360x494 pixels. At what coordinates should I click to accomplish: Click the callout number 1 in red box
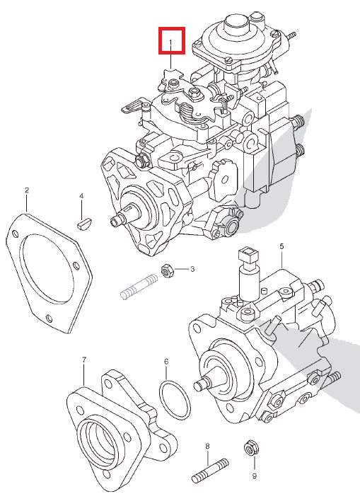[171, 41]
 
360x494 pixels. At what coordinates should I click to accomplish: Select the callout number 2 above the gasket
[26, 190]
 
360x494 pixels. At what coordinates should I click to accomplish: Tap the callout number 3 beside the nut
[192, 270]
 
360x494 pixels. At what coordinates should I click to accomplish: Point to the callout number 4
[81, 196]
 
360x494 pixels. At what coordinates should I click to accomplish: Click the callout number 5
[281, 246]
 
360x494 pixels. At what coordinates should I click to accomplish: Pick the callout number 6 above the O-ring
[166, 362]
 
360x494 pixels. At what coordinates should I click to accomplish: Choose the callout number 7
[84, 360]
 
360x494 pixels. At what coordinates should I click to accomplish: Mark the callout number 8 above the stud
[207, 446]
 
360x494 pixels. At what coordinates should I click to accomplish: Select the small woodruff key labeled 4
[83, 224]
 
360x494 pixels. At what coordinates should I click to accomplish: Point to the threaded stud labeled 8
[207, 469]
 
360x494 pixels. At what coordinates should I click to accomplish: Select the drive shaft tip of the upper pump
[115, 222]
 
